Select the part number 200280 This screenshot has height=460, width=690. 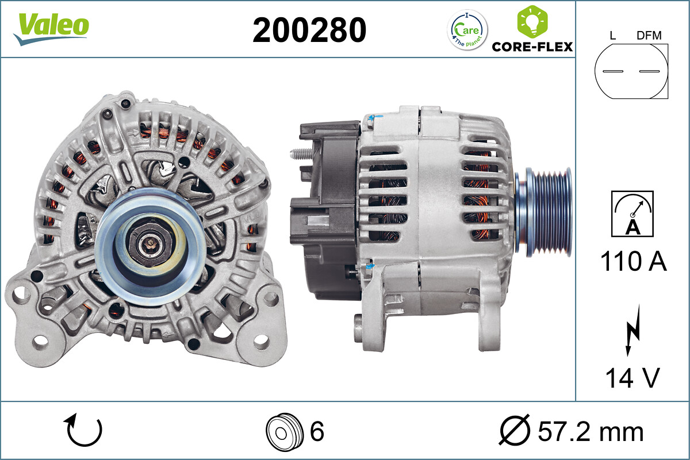pyautogui.click(x=309, y=30)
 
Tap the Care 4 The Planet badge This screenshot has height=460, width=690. pyautogui.click(x=467, y=30)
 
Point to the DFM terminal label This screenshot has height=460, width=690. pyautogui.click(x=649, y=36)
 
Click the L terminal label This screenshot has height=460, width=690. pyautogui.click(x=612, y=36)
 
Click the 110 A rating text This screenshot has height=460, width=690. pyautogui.click(x=633, y=262)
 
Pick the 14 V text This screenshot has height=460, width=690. pyautogui.click(x=632, y=378)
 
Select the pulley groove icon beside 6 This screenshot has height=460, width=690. pyautogui.click(x=284, y=431)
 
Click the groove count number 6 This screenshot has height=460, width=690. pyautogui.click(x=317, y=431)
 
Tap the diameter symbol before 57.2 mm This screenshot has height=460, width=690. pyautogui.click(x=513, y=431)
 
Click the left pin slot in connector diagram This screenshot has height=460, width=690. pyautogui.click(x=612, y=71)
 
